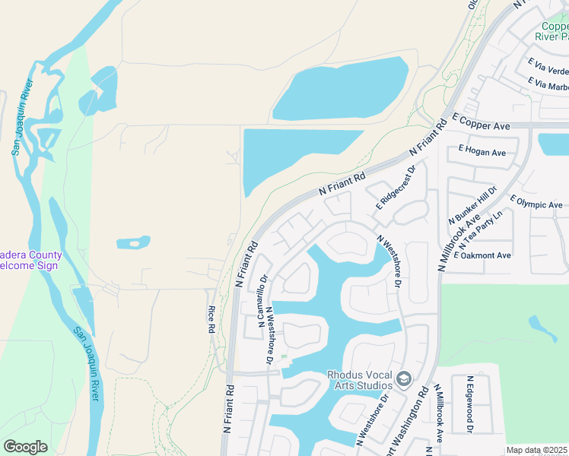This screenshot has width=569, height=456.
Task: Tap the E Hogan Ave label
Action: point(477,152)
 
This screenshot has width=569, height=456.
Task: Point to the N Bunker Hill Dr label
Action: point(472,204)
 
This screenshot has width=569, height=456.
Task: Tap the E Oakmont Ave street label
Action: point(482,255)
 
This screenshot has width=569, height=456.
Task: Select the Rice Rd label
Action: point(211,320)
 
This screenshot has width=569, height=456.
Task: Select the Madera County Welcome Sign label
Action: point(30,260)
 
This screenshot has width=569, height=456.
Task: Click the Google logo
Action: point(25,447)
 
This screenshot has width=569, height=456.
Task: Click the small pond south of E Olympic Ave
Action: point(543,326)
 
